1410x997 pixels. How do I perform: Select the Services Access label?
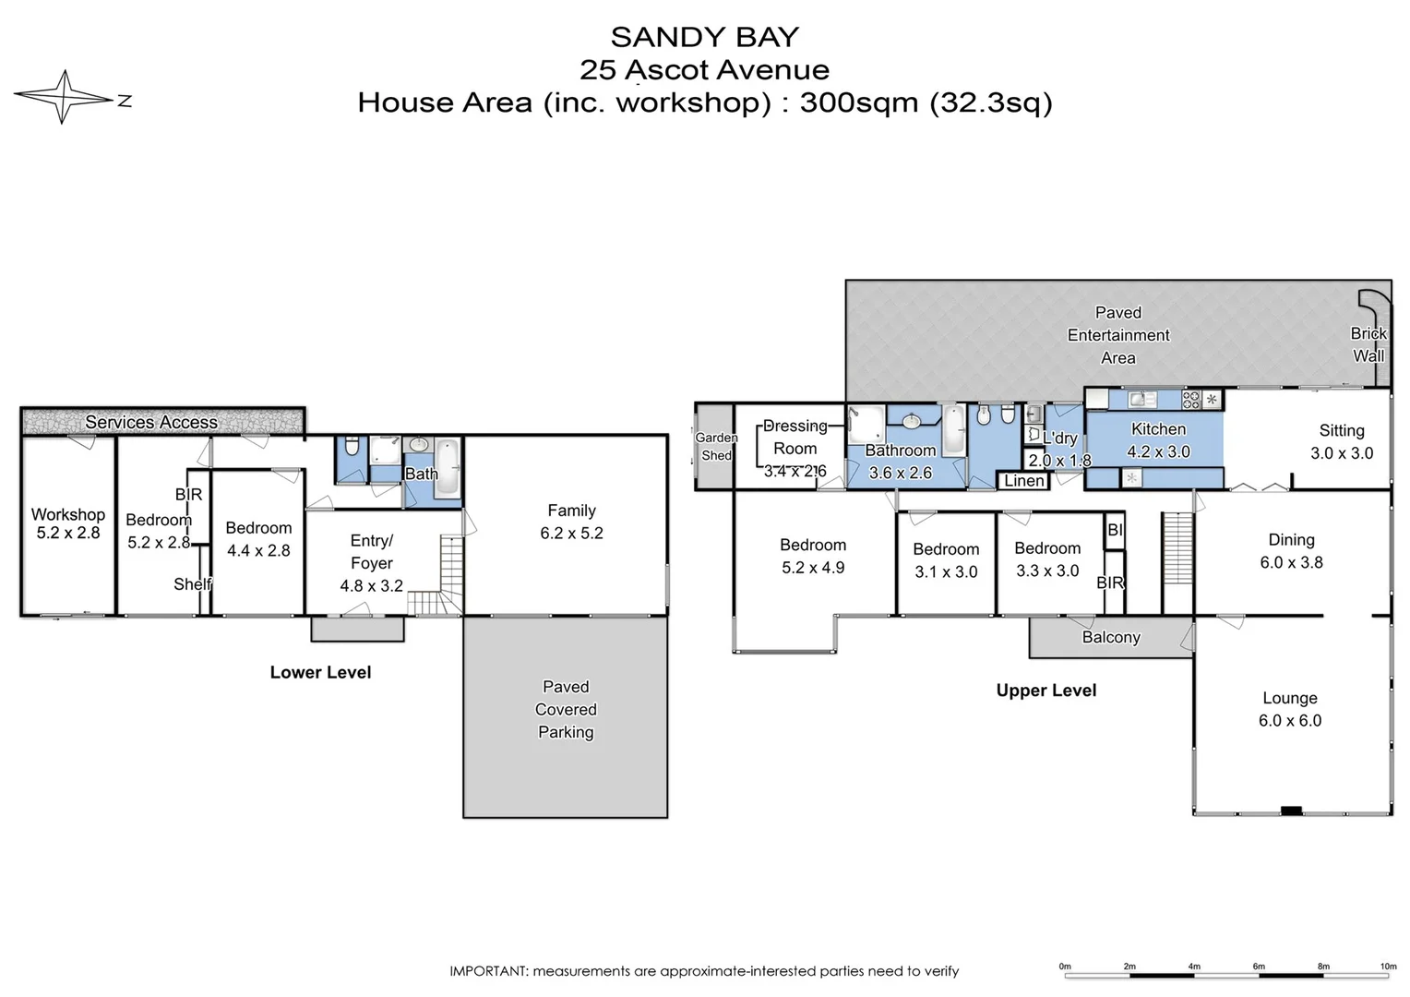151,422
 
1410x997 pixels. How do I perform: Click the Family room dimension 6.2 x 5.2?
571,533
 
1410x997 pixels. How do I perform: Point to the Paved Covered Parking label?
566,709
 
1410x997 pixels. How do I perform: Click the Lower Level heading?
320,672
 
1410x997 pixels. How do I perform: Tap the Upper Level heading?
1046,691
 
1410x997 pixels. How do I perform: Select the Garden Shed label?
716,447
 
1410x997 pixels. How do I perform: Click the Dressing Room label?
795,437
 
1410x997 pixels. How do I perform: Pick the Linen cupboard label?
1023,481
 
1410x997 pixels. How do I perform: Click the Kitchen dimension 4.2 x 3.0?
1158,451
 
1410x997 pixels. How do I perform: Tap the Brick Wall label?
1368,344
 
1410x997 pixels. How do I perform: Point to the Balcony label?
1111,637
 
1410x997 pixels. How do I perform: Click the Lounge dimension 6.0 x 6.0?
1289,721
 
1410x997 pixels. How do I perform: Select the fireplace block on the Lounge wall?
1291,811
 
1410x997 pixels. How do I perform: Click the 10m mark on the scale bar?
1388,967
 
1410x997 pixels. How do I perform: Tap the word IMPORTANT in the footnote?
488,971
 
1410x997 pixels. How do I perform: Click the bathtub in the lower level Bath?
448,468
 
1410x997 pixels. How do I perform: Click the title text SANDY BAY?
704,37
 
